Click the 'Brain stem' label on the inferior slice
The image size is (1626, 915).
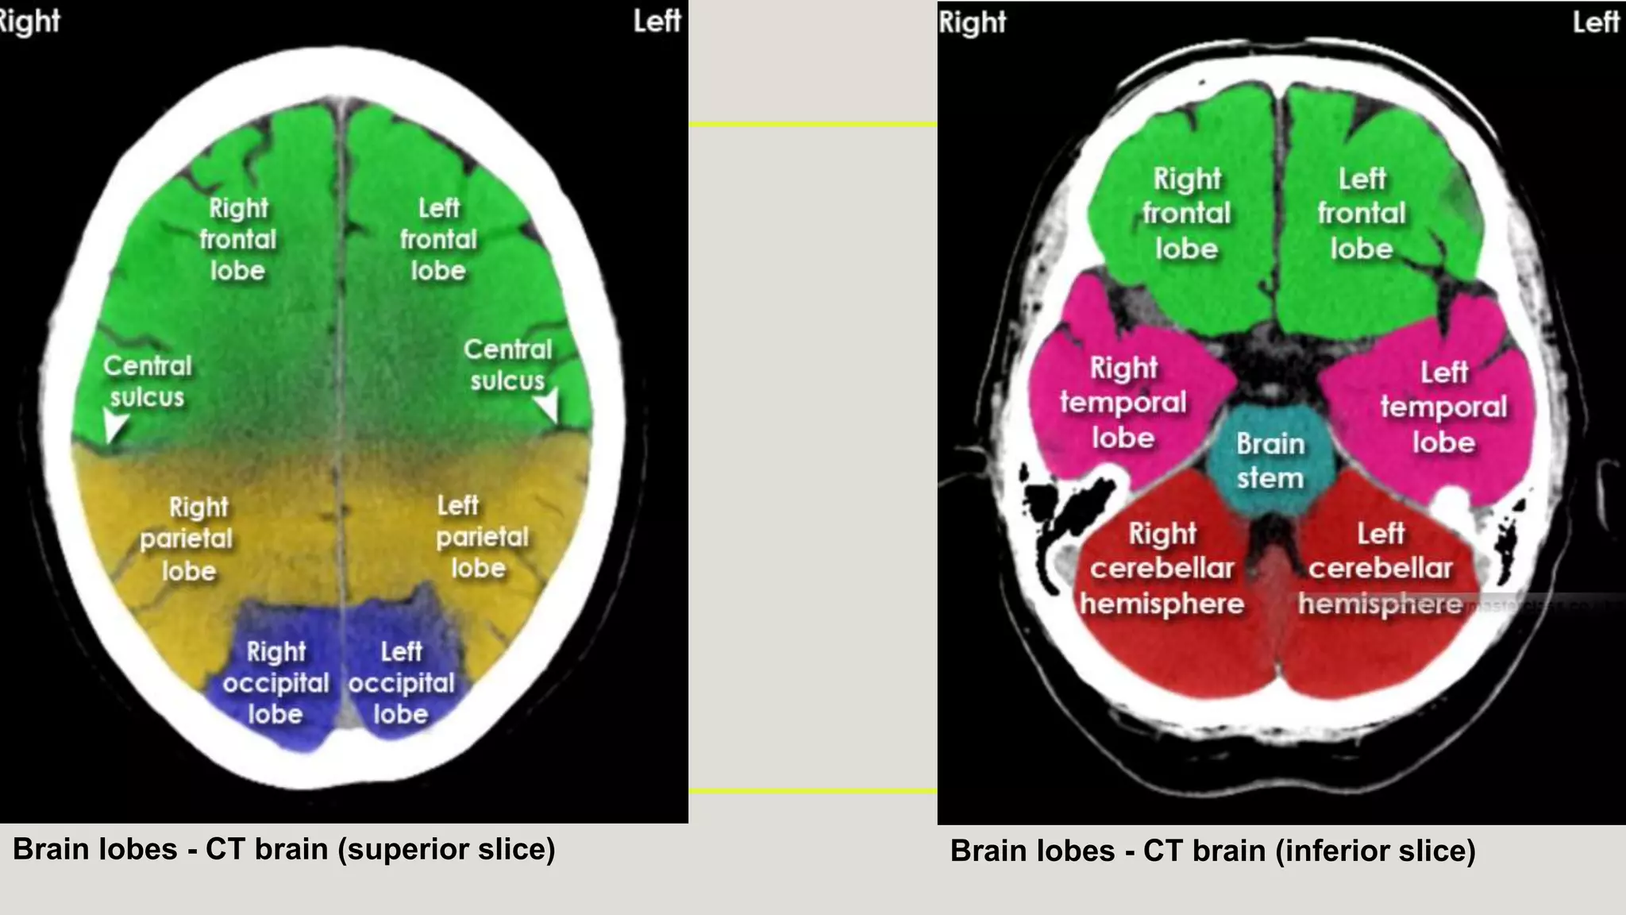(1270, 461)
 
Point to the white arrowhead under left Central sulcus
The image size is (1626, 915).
(548, 405)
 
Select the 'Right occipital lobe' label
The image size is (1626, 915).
(275, 683)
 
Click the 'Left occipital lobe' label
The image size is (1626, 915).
(401, 683)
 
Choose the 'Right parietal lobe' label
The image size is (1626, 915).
(187, 539)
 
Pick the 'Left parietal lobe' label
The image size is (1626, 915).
(480, 537)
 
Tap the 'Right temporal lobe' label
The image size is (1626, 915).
(1123, 403)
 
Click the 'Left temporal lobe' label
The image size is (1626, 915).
(1443, 407)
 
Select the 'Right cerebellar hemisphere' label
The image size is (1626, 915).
(1162, 569)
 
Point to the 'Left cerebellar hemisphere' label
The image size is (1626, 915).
(1380, 569)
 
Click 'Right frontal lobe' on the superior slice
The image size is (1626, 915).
(237, 239)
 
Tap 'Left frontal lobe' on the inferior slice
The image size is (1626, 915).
(1362, 214)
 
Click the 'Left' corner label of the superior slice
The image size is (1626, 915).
(657, 21)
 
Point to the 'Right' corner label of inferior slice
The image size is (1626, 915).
(972, 22)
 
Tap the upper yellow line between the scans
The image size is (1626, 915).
(812, 125)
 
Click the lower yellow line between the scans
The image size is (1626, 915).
(812, 791)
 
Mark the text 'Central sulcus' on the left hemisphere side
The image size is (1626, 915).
(507, 365)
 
